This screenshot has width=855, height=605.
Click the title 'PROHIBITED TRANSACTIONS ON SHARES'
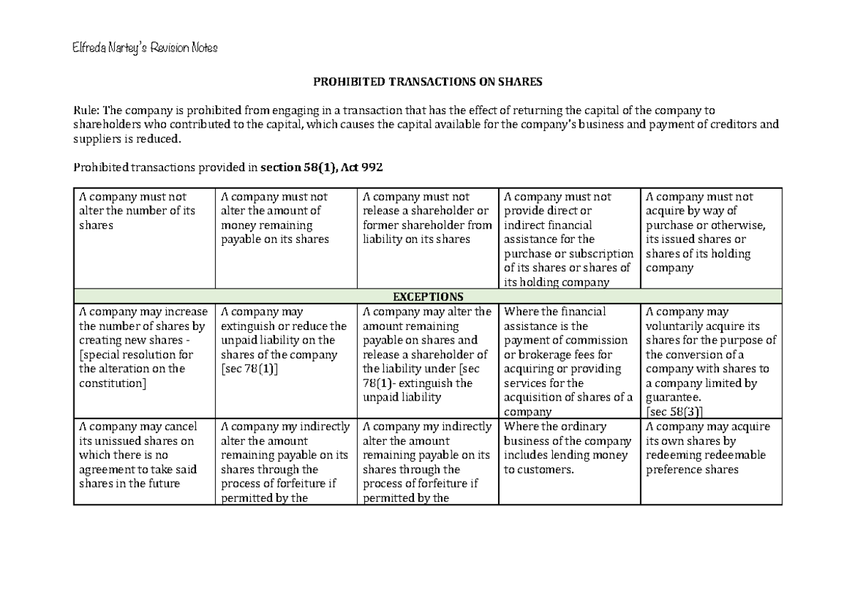point(427,82)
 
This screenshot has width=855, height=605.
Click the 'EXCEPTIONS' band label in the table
point(427,296)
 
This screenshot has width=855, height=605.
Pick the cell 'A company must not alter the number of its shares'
point(143,211)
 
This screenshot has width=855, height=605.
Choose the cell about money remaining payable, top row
point(285,218)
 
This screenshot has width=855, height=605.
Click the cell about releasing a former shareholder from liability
point(427,218)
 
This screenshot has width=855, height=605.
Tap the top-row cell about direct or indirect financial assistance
point(569,239)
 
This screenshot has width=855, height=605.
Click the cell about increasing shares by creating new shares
point(143,347)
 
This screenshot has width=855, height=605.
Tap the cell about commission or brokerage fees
point(569,361)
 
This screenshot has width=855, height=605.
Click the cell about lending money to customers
point(569,448)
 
